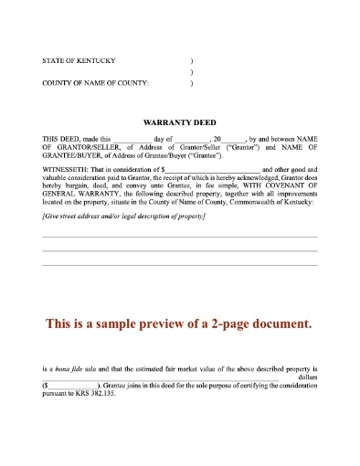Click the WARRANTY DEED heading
click(179, 121)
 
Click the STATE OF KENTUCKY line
click(79, 60)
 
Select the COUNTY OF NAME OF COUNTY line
click(96, 83)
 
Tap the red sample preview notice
click(179, 323)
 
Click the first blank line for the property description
click(179, 237)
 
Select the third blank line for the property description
click(179, 265)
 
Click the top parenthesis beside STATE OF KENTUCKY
click(190, 60)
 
